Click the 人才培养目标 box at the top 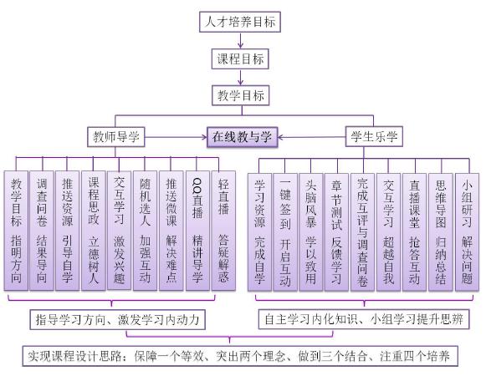[x=240, y=22]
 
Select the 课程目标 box [x=240, y=58]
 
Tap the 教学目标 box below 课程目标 [x=241, y=95]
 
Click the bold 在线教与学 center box [x=242, y=136]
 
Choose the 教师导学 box [x=116, y=136]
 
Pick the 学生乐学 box [x=374, y=136]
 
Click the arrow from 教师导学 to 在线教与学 [x=176, y=136]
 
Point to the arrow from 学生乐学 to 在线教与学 [x=311, y=137]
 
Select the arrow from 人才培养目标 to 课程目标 [x=240, y=40]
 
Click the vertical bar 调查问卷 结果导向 [x=42, y=231]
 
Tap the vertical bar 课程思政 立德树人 [x=94, y=231]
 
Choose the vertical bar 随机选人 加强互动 [x=145, y=231]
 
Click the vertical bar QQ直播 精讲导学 [x=197, y=231]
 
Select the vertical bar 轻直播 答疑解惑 [x=223, y=231]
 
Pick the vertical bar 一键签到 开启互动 [x=285, y=232]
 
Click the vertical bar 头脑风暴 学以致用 [x=311, y=232]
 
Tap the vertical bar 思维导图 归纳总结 [x=441, y=232]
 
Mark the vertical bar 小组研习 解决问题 [x=467, y=232]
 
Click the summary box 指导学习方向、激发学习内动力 [x=117, y=319]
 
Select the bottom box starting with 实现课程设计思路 [x=240, y=356]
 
